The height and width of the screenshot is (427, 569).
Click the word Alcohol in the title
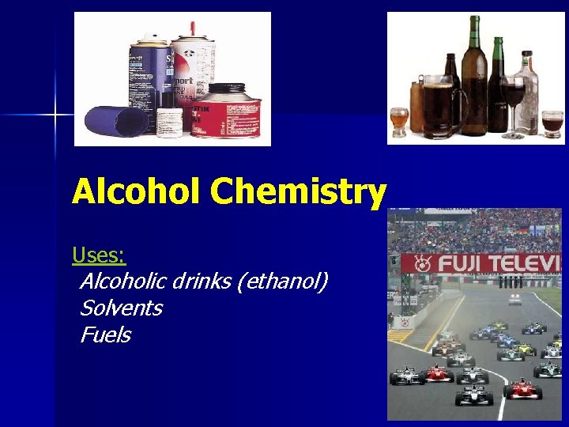click(137, 192)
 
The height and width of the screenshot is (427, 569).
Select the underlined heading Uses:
click(99, 255)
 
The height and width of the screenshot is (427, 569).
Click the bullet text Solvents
click(121, 308)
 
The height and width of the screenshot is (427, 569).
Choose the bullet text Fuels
click(105, 334)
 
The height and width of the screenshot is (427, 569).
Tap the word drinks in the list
click(202, 281)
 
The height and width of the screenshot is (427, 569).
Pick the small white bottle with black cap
click(168, 122)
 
